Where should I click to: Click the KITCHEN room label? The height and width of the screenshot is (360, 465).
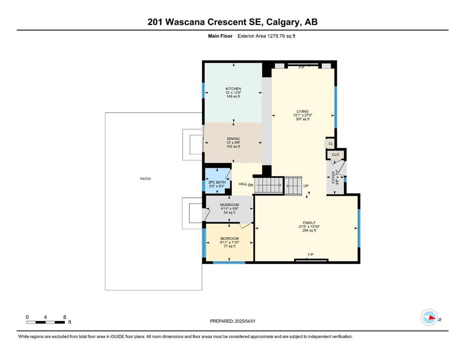(233, 89)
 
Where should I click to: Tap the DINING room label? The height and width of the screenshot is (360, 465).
(233, 139)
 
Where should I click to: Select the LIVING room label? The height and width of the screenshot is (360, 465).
(303, 112)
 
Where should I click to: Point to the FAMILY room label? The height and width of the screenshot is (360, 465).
(309, 223)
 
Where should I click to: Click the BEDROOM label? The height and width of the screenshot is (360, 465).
(229, 239)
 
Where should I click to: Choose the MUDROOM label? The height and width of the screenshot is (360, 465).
(229, 205)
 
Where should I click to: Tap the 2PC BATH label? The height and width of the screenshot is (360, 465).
(217, 182)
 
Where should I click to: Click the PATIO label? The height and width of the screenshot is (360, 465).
(145, 179)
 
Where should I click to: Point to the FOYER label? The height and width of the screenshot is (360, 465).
(333, 178)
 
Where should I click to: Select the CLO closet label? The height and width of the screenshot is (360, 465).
(335, 154)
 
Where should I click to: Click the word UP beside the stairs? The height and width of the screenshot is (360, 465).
(306, 186)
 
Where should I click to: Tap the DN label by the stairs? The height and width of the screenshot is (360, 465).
(251, 185)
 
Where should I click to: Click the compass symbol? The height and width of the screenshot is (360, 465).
(429, 317)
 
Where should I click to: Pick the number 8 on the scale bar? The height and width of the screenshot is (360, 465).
(65, 317)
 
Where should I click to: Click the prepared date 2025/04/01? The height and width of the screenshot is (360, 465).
(245, 321)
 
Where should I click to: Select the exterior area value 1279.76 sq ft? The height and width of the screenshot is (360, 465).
(281, 36)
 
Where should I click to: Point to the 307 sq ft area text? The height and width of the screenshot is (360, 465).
(303, 119)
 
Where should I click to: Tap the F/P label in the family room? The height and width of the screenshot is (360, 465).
(310, 255)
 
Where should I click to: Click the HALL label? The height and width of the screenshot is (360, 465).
(243, 184)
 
